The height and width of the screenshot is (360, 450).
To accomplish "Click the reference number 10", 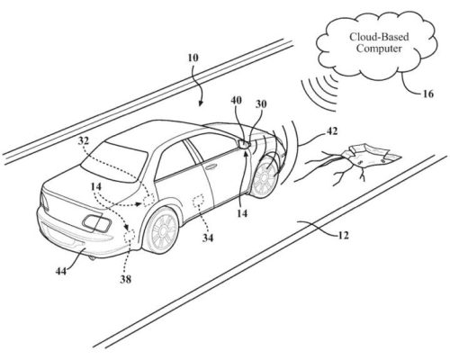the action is coord(193,58).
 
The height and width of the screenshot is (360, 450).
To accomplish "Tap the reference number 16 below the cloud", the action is coord(428,94).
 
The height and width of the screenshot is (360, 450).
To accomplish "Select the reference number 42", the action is coord(331,131).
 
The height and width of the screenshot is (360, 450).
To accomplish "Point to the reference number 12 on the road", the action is coord(343,236).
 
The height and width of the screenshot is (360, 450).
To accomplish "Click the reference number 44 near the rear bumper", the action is coord(61,271).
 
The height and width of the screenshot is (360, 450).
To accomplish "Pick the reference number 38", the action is coord(126,280).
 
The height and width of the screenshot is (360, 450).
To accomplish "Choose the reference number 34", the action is coord(208,238).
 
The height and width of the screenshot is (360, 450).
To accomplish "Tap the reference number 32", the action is coord(84,140).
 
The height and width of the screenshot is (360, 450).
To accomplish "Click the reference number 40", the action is coord(236,100).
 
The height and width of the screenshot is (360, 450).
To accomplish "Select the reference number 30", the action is coord(261,103).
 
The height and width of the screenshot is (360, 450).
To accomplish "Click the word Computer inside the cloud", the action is coord(379,49).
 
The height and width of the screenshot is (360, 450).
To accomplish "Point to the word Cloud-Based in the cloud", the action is coord(379,37).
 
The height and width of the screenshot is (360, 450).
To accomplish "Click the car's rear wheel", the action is coord(162,230).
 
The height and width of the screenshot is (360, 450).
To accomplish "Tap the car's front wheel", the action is coord(265,177).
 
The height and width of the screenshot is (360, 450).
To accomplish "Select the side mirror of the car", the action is coord(244,144).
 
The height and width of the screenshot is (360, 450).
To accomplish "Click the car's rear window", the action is coord(115,162).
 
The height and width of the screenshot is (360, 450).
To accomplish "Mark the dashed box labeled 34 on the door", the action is coord(198,201).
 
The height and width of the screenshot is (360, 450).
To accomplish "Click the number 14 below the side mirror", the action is coord(242,213).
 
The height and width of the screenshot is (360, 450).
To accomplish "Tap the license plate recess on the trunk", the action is coord(97,223).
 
